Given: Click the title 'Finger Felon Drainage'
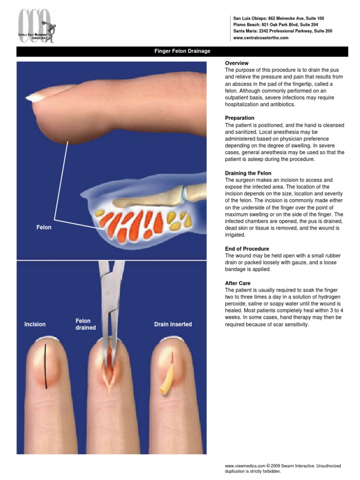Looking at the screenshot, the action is pyautogui.click(x=182, y=51).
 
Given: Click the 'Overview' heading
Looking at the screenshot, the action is pyautogui.click(x=237, y=63).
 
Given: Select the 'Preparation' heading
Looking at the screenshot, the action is pyautogui.click(x=240, y=118).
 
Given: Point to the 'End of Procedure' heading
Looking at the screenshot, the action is pyautogui.click(x=247, y=248).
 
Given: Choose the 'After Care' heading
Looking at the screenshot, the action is pyautogui.click(x=238, y=283).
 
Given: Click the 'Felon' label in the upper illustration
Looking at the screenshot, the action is pyautogui.click(x=44, y=227).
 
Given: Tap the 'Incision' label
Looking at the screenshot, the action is pyautogui.click(x=35, y=324).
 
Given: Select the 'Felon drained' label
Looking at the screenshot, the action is pyautogui.click(x=86, y=324).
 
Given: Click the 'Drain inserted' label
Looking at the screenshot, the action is pyautogui.click(x=173, y=324).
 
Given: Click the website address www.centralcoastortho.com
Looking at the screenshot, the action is pyautogui.click(x=261, y=38).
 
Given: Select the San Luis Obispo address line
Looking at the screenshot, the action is pyautogui.click(x=278, y=18).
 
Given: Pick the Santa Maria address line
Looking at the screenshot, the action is pyautogui.click(x=282, y=31).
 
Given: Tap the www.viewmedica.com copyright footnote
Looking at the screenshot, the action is pyautogui.click(x=283, y=468).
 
